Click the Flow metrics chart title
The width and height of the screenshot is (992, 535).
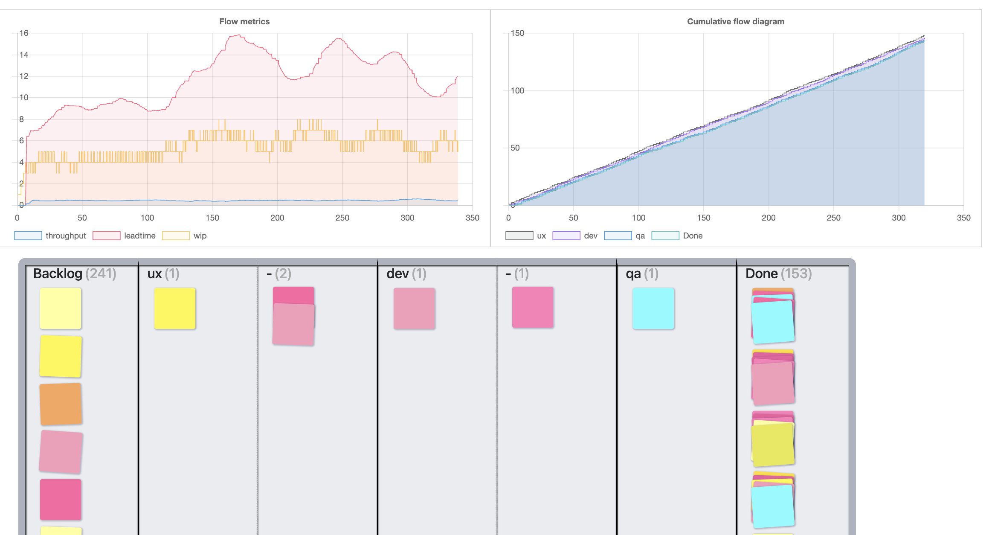[244, 21]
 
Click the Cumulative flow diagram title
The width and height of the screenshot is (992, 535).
[735, 21]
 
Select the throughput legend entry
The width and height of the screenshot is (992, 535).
[50, 236]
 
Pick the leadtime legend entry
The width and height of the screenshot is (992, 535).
[124, 236]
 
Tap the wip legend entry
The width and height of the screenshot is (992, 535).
[184, 236]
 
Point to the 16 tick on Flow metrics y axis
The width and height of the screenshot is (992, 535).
[24, 33]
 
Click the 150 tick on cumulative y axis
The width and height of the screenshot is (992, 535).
[517, 33]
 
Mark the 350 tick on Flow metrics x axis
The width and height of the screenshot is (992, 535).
[472, 218]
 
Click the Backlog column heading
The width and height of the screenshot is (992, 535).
[58, 273]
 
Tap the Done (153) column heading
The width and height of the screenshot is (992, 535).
[778, 273]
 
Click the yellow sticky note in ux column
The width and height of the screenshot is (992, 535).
[174, 308]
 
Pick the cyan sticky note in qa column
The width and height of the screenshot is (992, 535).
[653, 308]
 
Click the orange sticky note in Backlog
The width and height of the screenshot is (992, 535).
[61, 404]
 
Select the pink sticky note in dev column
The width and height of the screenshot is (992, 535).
[414, 308]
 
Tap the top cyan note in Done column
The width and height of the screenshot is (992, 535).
[772, 322]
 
